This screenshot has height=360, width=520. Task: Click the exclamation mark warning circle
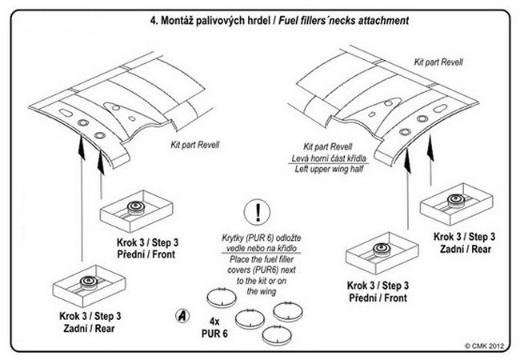coord(258,214)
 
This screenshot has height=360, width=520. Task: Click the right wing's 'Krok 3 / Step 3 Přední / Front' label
coord(379,290)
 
